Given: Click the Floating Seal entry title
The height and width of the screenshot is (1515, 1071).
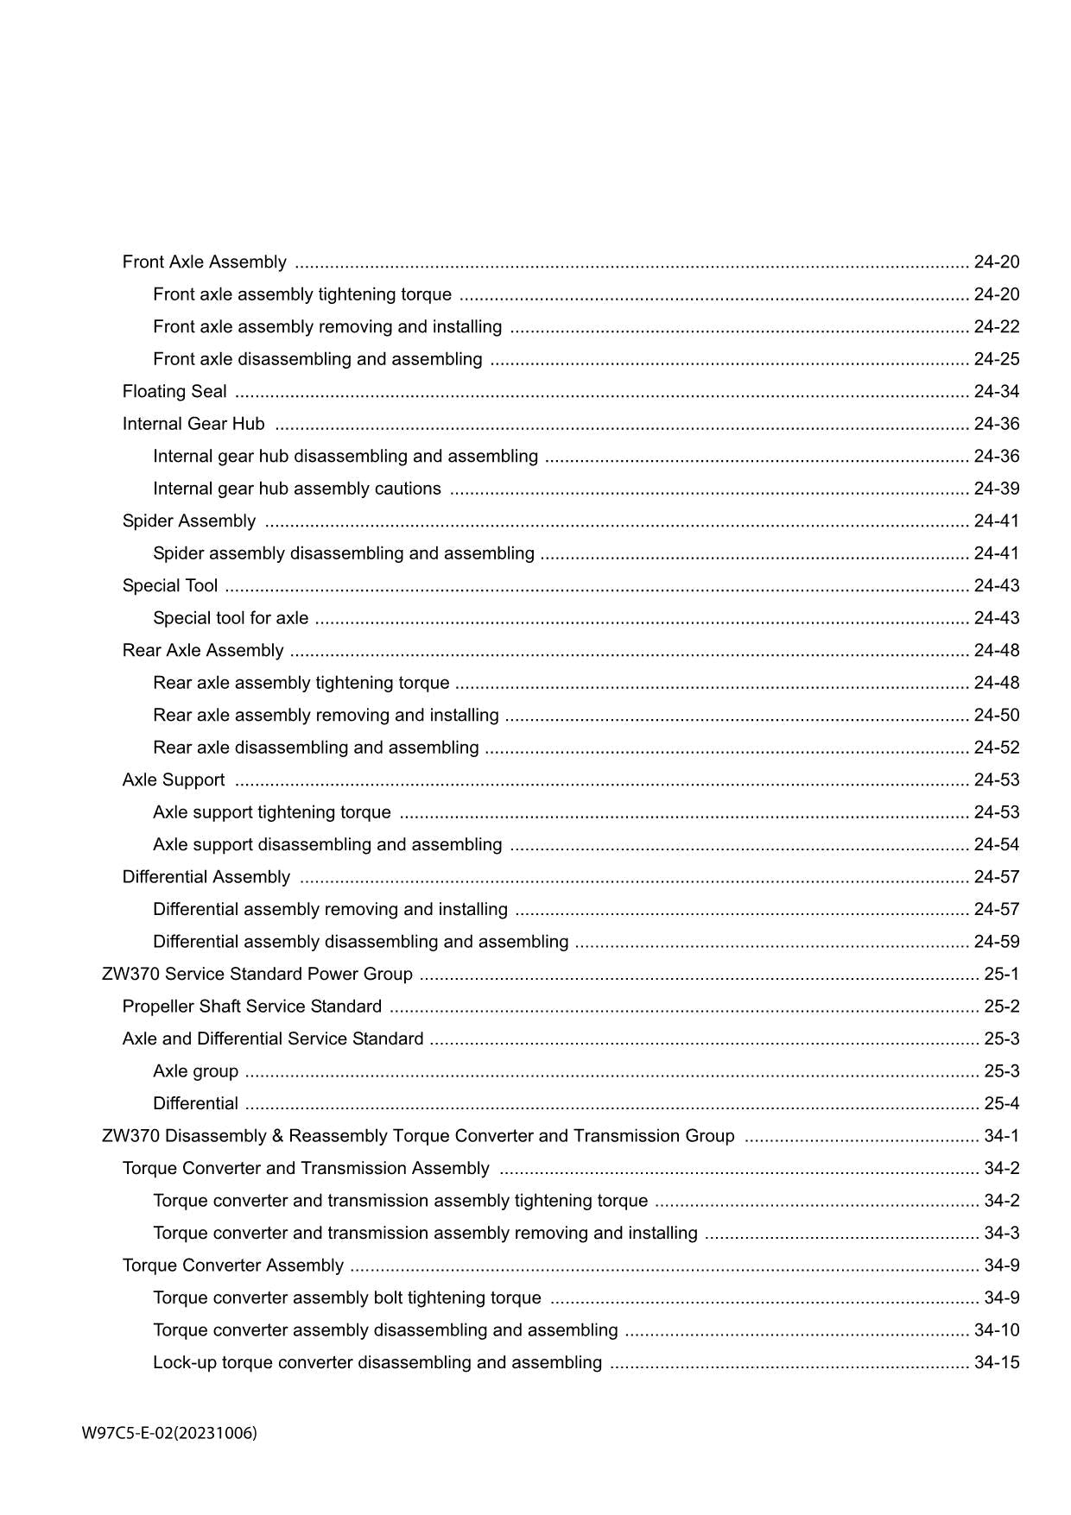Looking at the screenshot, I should click(174, 392).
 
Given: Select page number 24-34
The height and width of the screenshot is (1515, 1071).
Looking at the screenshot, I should click(996, 392).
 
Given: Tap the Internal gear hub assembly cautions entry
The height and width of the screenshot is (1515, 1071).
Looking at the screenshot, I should click(296, 489).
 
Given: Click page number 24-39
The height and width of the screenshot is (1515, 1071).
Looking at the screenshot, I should click(996, 489).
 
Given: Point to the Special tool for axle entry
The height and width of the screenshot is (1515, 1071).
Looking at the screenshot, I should click(230, 618).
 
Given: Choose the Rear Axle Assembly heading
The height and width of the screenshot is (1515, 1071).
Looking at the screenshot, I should click(203, 651).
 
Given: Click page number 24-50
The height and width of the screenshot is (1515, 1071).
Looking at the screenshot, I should click(996, 716).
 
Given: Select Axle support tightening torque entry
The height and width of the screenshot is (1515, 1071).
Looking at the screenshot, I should click(271, 812).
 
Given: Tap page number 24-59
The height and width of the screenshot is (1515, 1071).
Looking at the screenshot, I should click(996, 942).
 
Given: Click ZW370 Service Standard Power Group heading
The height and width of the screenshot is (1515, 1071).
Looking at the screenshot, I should click(257, 975).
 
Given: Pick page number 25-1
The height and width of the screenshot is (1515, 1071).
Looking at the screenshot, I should click(1001, 975).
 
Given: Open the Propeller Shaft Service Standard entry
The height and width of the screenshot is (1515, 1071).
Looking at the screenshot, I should click(251, 1007).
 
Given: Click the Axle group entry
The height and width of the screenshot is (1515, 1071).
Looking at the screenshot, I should click(195, 1071).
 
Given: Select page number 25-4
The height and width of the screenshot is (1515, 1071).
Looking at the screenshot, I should click(1001, 1104).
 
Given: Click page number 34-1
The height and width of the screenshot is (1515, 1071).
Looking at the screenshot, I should click(1001, 1136).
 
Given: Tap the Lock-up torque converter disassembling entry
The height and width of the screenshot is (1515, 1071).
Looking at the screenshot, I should click(377, 1363).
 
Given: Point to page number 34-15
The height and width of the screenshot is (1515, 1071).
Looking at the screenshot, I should click(996, 1363).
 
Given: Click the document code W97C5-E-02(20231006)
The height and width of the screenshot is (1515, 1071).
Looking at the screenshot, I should click(169, 1434).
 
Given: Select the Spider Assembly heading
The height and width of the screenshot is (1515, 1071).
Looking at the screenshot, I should click(188, 521).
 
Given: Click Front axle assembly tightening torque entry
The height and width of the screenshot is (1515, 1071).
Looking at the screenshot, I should click(301, 294).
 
